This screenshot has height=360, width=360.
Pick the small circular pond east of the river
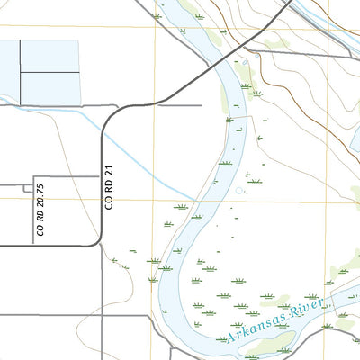coord(240,191)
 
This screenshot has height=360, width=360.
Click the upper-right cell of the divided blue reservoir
coord(50,55)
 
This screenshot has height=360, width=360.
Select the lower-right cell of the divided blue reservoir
coord(50,87)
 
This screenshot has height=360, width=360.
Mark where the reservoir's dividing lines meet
coord(21,71)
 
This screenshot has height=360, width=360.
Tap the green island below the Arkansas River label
coord(274,342)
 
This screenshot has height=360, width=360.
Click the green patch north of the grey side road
coord(275,41)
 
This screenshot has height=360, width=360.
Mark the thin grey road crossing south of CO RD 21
coord(101,315)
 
